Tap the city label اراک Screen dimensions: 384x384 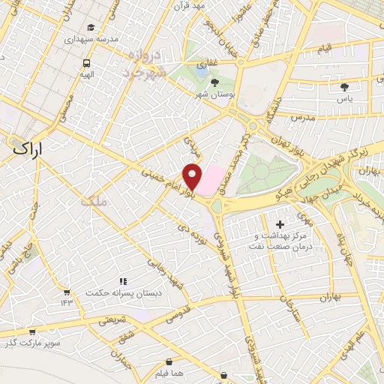(28, 148)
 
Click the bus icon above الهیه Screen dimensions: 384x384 (87, 63)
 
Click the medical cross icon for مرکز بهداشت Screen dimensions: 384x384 (280, 223)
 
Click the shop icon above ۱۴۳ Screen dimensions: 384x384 (66, 292)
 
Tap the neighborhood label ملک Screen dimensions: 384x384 (97, 200)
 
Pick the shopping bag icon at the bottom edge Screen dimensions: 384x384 (223, 375)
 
